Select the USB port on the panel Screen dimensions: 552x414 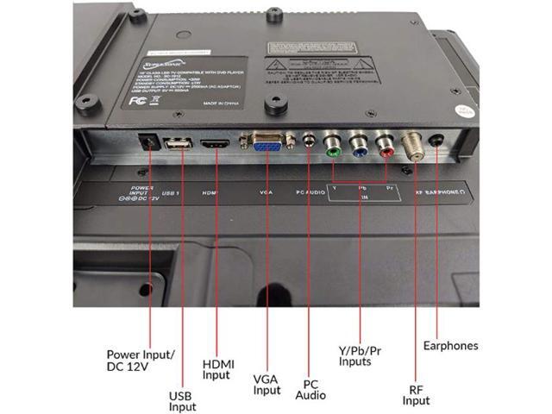click(x=176, y=145)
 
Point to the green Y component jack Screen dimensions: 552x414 click(x=331, y=141)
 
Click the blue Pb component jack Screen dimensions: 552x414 click(x=359, y=141)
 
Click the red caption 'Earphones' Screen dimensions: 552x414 click(x=450, y=346)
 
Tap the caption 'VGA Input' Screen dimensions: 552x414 click(x=267, y=384)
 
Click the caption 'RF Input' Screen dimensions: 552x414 click(x=417, y=394)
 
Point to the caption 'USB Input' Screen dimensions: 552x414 click(x=183, y=401)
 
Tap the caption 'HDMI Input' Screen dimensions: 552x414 click(x=217, y=368)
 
